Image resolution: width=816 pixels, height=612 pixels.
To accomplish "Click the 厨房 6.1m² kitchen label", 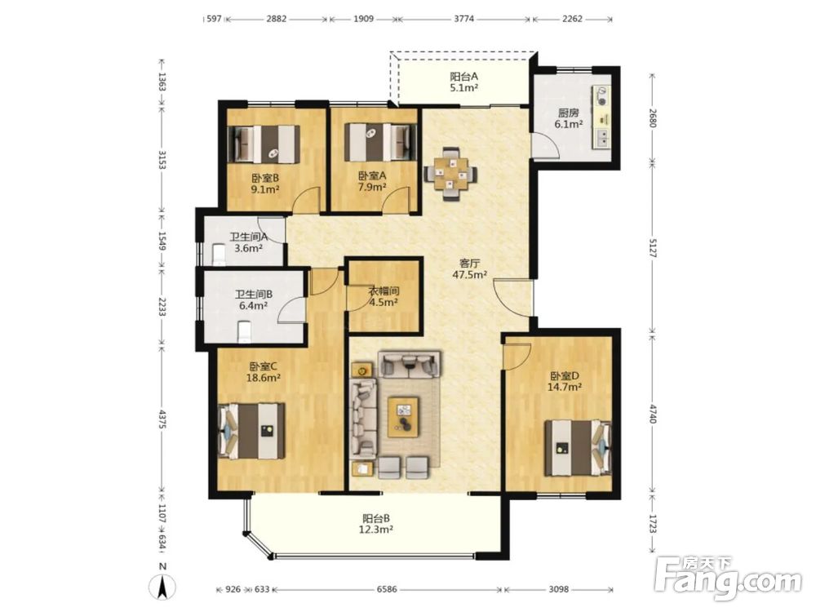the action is pos(568,118).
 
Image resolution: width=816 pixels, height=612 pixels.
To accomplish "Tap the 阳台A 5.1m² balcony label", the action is pos(464,82).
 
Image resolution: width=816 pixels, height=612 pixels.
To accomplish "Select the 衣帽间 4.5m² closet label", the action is pos(384,297).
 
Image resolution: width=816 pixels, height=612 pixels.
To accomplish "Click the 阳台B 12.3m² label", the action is pos(376,524).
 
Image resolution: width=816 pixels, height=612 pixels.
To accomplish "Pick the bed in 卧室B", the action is pos(266,143).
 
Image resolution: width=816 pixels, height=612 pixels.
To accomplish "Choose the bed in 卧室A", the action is pos(381,142).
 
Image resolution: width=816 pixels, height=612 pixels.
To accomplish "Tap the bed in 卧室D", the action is pos(578,448).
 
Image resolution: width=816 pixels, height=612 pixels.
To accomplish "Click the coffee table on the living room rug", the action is pos(405,417).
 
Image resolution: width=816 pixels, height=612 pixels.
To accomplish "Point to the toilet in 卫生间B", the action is pos(244,333).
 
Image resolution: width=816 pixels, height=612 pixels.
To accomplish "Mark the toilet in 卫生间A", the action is pos(219,255).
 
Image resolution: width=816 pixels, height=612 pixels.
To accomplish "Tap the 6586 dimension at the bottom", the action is pos(387,589).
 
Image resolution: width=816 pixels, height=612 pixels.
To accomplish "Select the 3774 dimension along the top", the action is pos(463,19).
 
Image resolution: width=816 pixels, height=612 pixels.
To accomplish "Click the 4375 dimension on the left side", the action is pos(162,419).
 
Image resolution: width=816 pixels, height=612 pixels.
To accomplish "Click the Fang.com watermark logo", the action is pos(728,578).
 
